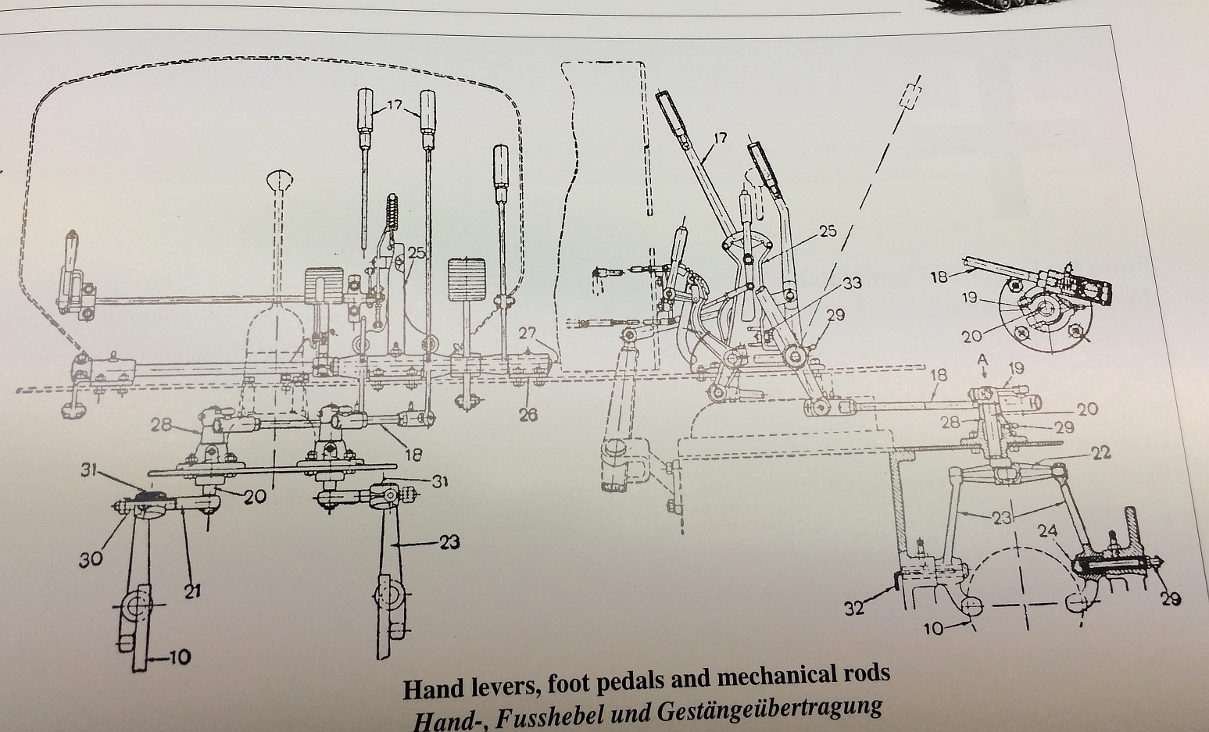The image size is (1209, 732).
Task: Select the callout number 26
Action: (x=528, y=415)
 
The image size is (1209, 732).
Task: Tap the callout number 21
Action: (x=192, y=591)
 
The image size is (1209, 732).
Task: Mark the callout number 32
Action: (x=855, y=607)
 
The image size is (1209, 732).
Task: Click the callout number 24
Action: (x=1048, y=532)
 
